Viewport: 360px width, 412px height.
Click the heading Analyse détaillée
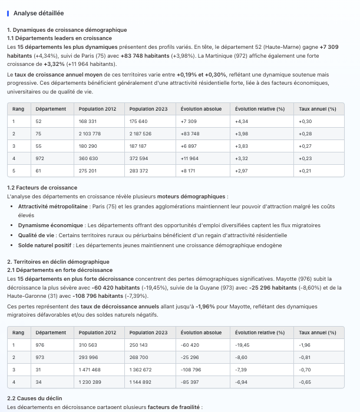tap(38, 13)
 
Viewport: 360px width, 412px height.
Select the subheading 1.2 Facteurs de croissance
tap(42, 188)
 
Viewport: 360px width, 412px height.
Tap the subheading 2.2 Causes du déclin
tap(34, 398)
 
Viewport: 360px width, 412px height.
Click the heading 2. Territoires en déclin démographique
tap(58, 261)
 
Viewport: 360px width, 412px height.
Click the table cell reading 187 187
tap(138, 146)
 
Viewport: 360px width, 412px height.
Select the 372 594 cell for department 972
tap(139, 158)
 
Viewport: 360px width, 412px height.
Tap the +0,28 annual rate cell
tap(305, 134)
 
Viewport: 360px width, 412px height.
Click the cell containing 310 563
tap(88, 345)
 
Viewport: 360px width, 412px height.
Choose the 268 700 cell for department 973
tap(139, 357)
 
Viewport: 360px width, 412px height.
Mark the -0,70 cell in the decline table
tap(305, 370)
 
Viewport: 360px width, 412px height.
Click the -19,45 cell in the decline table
tap(242, 345)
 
